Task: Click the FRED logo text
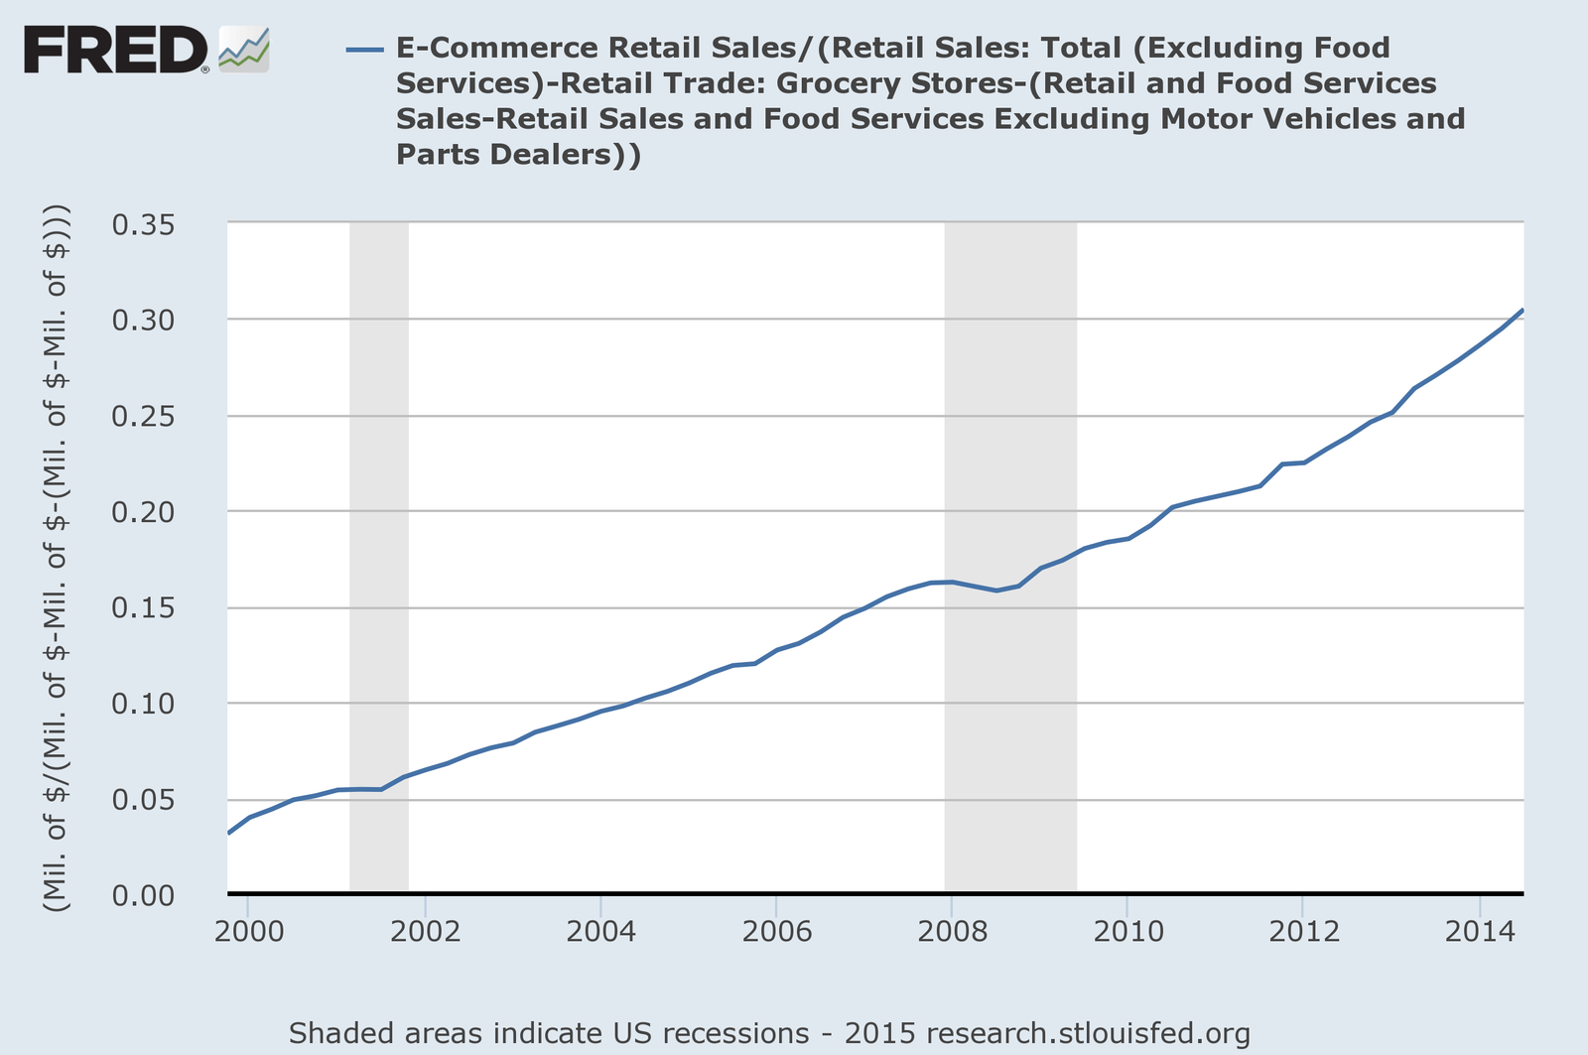(114, 50)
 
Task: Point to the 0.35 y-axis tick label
(158, 224)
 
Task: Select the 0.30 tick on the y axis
(158, 321)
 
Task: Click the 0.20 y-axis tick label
(158, 512)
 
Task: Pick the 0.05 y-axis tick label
(158, 800)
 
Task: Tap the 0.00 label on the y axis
(158, 895)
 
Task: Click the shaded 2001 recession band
(379, 496)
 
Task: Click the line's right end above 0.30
(1522, 312)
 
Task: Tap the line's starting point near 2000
(229, 832)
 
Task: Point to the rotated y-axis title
(57, 559)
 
